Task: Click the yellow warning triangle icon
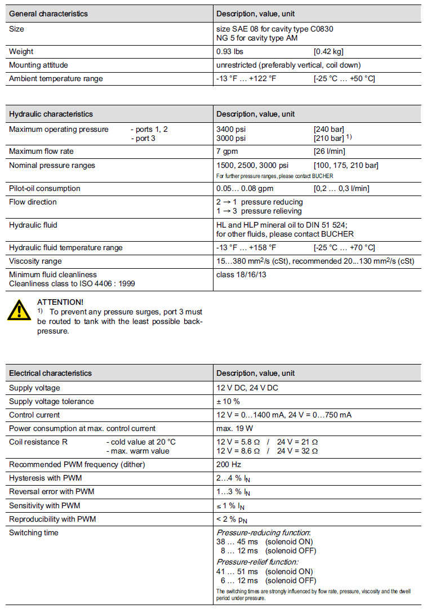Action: (x=19, y=310)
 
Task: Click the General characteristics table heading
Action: (x=48, y=14)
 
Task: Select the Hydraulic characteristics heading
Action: (x=51, y=114)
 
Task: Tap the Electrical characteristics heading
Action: (x=50, y=373)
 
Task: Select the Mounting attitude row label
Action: (x=38, y=65)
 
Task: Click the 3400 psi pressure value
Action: (x=231, y=129)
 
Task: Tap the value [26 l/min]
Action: (x=330, y=151)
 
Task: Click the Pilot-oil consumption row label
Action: (x=45, y=188)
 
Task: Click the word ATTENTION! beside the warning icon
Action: (x=60, y=302)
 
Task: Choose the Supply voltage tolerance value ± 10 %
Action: (x=228, y=401)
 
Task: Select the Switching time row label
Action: (x=34, y=532)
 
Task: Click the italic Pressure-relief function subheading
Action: (x=257, y=561)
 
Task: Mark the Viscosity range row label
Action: (x=35, y=261)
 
